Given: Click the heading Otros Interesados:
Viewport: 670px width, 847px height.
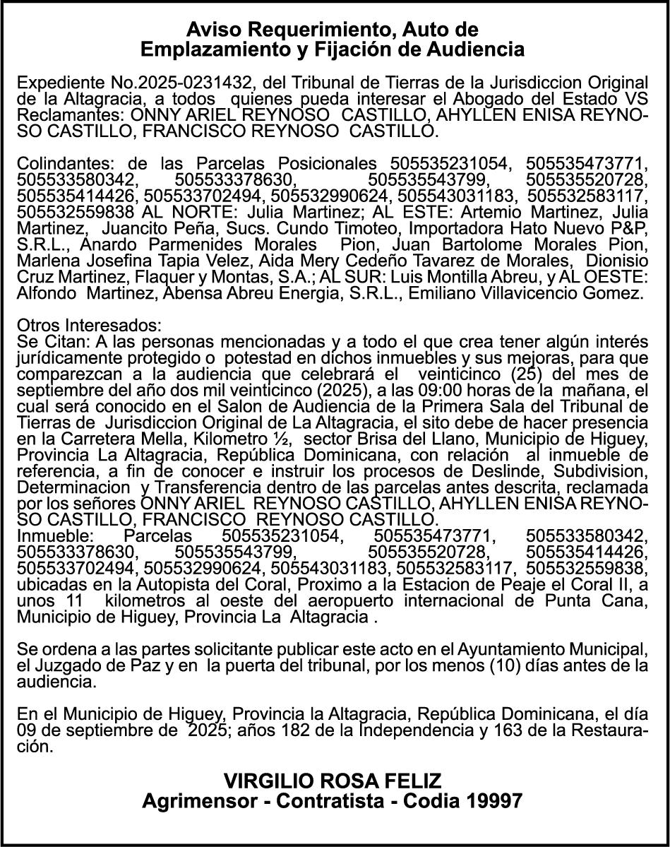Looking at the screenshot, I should coord(89,326).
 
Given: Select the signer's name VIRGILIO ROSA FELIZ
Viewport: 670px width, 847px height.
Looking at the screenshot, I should coord(333,781).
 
